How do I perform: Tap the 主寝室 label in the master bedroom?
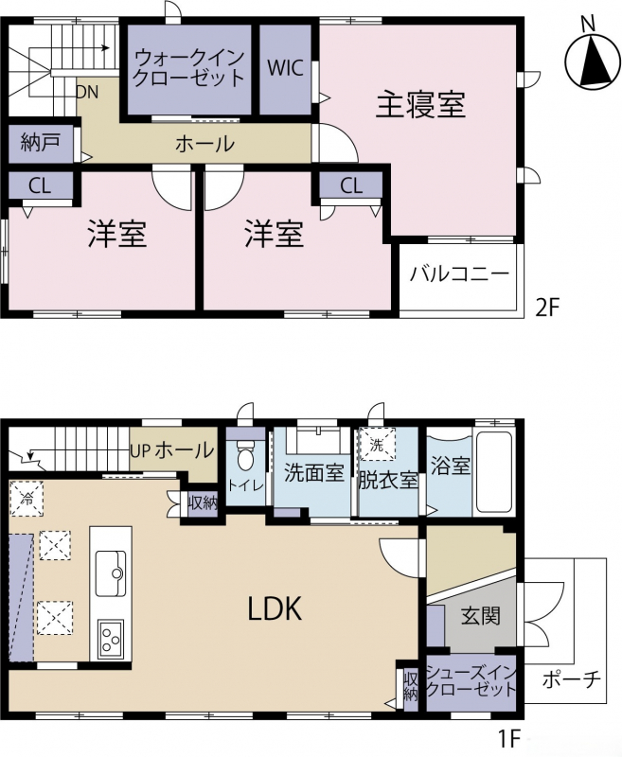[420, 105]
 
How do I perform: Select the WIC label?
[285, 67]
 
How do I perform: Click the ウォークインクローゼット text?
[188, 68]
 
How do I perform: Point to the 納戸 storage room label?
[41, 143]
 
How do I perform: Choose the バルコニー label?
[460, 273]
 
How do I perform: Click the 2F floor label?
[547, 307]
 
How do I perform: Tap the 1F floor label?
[510, 737]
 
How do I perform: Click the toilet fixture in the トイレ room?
[246, 454]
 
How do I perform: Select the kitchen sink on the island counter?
[111, 574]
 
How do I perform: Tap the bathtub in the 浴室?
[494, 473]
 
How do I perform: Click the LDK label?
[275, 608]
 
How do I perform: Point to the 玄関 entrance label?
[481, 617]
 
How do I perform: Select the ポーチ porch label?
[571, 679]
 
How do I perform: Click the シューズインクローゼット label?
[471, 680]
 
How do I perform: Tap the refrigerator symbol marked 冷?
[27, 499]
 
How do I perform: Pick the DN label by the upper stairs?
[88, 92]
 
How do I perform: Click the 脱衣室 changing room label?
[388, 481]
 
